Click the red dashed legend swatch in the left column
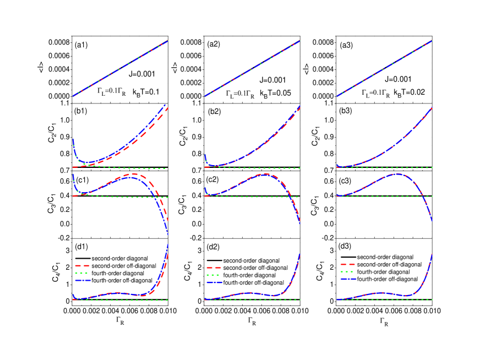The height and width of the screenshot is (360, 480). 82,265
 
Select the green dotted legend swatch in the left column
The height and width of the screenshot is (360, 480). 82,273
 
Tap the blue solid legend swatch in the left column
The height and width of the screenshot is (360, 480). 83,280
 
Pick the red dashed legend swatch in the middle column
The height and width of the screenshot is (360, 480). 214,268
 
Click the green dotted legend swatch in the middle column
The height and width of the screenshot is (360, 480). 214,275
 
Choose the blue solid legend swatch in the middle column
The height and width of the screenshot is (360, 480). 215,282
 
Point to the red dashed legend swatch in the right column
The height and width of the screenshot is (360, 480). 347,264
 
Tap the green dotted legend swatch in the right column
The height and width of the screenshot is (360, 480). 347,271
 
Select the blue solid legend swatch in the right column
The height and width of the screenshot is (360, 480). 348,279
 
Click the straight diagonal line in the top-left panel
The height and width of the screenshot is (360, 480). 120,69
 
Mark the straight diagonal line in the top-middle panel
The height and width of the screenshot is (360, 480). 252,69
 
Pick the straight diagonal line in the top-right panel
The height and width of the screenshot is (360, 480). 384,69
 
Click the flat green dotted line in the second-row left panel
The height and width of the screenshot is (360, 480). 138,168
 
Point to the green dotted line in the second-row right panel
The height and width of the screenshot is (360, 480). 396,167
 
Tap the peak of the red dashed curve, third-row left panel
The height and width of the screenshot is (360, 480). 134,174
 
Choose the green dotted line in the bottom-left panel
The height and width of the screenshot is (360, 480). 121,300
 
